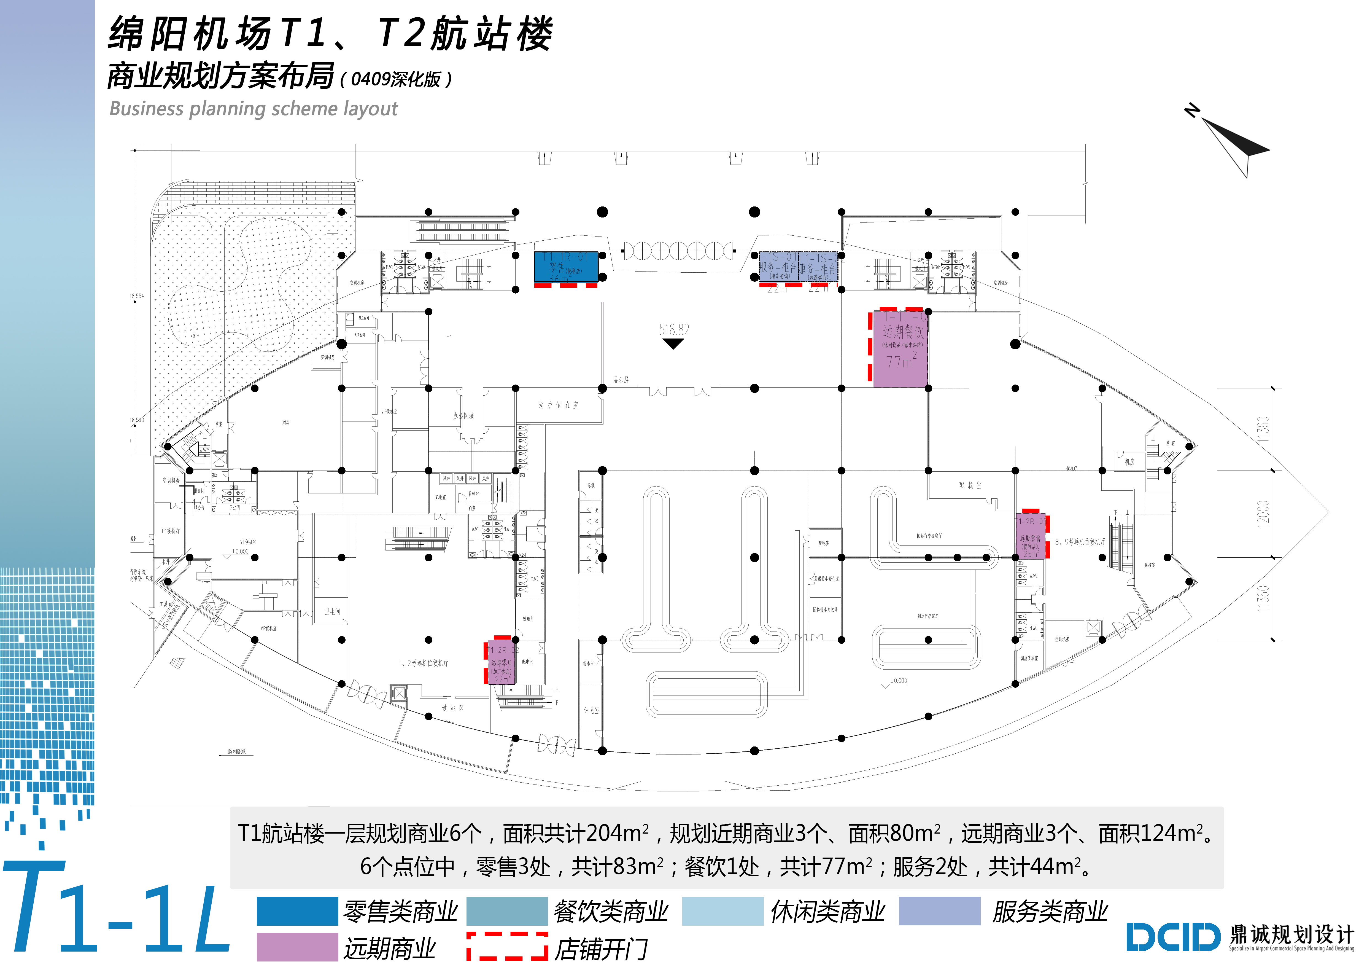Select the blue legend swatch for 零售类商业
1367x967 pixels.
[x=297, y=911]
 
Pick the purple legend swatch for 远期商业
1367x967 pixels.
[x=297, y=947]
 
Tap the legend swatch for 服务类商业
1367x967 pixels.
[x=939, y=911]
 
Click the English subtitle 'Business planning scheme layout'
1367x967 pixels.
[x=253, y=109]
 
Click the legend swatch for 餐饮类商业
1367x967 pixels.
[x=507, y=911]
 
